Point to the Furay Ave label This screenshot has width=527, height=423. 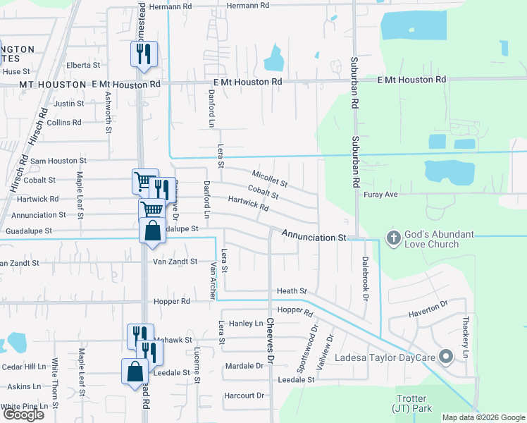(381, 193)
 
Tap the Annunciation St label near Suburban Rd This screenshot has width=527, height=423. (314, 238)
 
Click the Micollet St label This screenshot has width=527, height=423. (270, 178)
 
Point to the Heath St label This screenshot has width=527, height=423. (292, 290)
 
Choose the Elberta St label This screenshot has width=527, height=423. (83, 65)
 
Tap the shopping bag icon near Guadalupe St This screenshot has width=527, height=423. (152, 231)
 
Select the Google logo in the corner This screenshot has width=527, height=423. (23, 415)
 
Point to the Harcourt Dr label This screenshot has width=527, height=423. (243, 396)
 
